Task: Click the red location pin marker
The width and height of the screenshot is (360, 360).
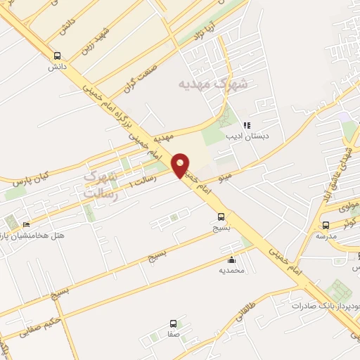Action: click(x=181, y=165)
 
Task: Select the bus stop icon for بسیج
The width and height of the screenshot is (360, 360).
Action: click(x=221, y=217)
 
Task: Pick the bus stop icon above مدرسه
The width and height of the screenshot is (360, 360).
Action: click(x=326, y=225)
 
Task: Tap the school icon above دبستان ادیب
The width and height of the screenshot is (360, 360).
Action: click(x=246, y=125)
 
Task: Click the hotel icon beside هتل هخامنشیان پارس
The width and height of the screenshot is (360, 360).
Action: click(x=26, y=224)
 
